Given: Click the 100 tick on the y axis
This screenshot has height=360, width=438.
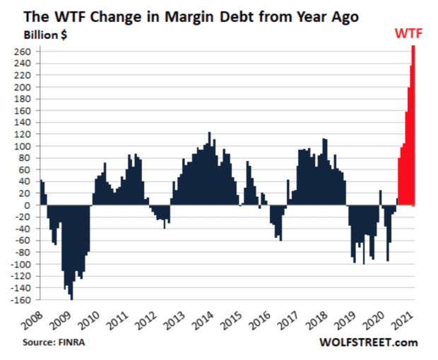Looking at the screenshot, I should [x=28, y=146].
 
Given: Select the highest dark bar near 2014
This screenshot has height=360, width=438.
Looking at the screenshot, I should [x=209, y=169].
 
